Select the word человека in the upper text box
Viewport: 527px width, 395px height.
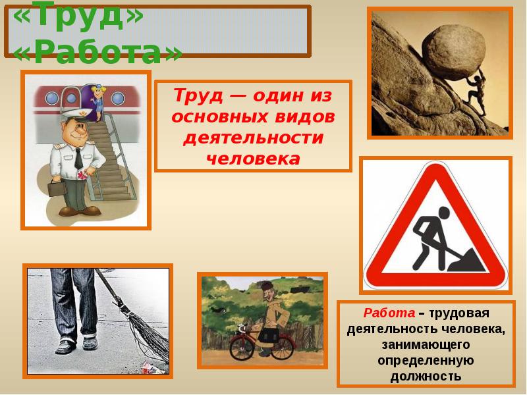[253, 158]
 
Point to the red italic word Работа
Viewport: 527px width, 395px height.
[389, 312]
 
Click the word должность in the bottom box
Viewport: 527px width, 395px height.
[426, 376]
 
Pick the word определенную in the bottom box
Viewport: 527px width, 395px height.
[426, 360]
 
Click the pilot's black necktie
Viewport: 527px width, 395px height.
[78, 159]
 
